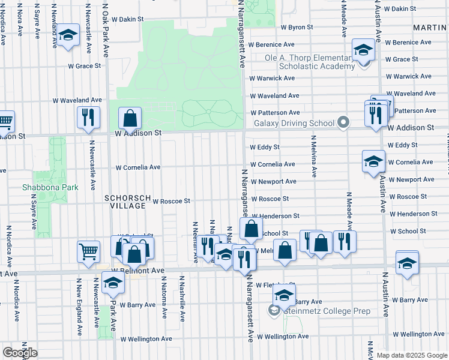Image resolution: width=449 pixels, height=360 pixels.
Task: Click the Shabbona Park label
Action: pos(50,187)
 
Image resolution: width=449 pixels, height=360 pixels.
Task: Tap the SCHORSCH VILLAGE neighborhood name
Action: pos(125,202)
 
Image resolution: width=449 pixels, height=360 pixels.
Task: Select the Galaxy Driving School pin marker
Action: pos(343,123)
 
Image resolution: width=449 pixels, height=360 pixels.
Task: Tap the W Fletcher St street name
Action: pos(275,286)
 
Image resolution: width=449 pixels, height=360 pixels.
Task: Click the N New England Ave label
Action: pos(79,307)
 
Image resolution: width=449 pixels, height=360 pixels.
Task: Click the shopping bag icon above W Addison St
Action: pos(130,118)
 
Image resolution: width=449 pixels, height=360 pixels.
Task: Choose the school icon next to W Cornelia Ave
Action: pos(373,161)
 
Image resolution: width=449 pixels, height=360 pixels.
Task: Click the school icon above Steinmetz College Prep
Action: pos(284,294)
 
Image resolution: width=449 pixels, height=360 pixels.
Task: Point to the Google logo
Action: pos(20,353)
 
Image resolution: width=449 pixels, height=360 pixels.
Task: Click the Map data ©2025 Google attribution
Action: pos(411,355)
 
